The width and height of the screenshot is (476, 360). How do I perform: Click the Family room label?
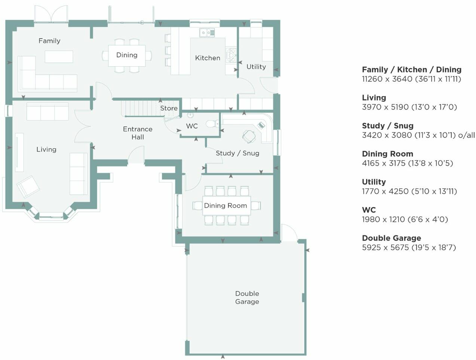(49, 41)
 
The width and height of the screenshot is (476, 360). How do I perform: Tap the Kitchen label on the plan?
(208, 58)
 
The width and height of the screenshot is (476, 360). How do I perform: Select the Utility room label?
(256, 67)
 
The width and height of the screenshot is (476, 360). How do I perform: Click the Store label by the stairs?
(169, 108)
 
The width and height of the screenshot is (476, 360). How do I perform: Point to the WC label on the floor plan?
(192, 126)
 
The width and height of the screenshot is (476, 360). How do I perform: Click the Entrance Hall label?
(138, 133)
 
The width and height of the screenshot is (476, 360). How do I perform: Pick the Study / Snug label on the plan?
(237, 153)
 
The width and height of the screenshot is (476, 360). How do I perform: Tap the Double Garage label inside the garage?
(247, 298)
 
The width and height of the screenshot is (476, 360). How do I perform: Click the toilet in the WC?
(212, 123)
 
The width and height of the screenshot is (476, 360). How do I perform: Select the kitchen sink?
(207, 33)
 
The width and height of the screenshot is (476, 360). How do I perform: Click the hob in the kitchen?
(231, 55)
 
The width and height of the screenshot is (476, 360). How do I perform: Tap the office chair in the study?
(249, 136)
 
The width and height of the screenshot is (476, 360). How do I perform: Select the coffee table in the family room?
(59, 57)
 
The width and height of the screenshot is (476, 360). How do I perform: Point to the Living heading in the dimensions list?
(374, 98)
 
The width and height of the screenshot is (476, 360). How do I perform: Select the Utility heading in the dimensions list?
(374, 182)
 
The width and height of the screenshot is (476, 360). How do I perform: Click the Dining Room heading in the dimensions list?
(387, 154)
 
